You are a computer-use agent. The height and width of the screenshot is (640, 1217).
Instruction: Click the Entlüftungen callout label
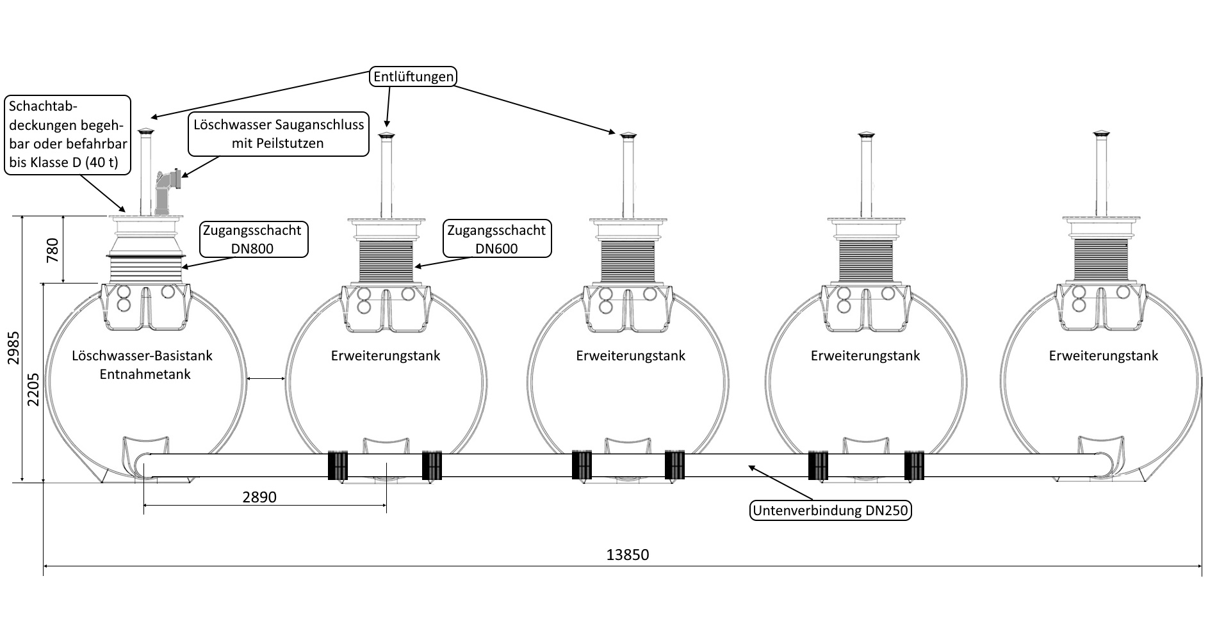click(x=413, y=77)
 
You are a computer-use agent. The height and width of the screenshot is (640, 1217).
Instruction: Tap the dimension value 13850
click(x=627, y=555)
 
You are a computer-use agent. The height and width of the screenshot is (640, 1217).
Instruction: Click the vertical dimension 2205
click(x=33, y=388)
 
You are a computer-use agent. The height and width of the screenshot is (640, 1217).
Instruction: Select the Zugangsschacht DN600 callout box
click(x=496, y=239)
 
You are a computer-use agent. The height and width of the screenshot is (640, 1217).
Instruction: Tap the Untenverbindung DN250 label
click(x=831, y=511)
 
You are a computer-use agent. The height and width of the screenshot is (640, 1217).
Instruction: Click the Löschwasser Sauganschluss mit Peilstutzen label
click(x=279, y=134)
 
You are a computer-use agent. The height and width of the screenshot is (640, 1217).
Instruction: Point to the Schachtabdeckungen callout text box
click(x=67, y=134)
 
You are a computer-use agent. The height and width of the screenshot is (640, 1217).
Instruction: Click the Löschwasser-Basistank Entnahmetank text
click(x=143, y=365)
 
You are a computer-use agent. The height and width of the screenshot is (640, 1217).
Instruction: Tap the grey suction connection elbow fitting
click(x=166, y=191)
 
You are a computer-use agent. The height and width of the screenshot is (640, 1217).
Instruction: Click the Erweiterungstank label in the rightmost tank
click(x=1103, y=356)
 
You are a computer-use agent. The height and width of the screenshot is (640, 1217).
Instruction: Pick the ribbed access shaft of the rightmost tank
click(x=1101, y=259)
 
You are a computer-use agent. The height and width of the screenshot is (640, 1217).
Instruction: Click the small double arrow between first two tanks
click(x=266, y=380)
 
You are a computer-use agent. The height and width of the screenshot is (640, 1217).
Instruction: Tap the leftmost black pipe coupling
click(x=338, y=465)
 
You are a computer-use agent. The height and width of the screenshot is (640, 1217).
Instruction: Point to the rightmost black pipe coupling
click(x=914, y=465)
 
